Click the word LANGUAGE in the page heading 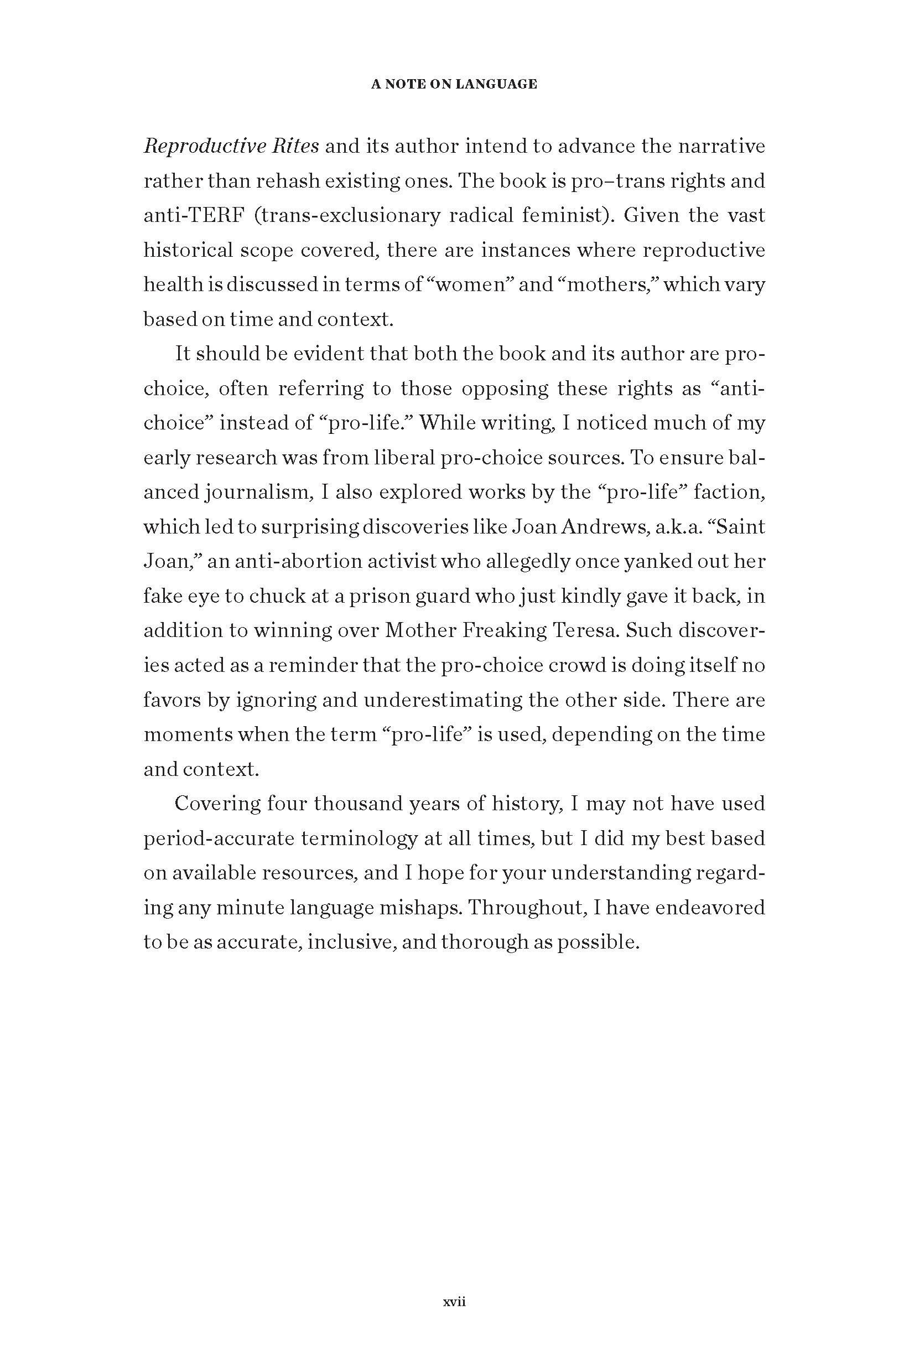click(496, 85)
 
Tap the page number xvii click(455, 1301)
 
